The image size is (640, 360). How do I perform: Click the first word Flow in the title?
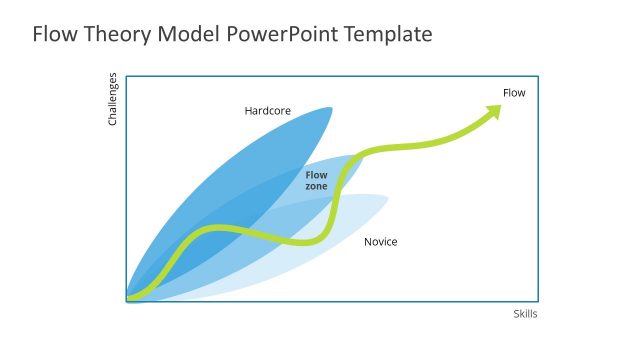coord(52,35)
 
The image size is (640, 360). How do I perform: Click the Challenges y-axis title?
coord(113,99)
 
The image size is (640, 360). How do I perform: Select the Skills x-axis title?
coord(525,314)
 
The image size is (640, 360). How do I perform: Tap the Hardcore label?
coord(267,111)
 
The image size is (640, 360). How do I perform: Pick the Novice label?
coord(380,242)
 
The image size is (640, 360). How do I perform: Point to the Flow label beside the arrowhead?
coord(513,93)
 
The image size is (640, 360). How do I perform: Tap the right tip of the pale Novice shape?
coord(387,197)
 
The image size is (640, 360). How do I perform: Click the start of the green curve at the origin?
coord(130,297)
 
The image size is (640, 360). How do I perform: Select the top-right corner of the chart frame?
coord(539,74)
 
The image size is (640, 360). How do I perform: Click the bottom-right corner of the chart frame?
coord(539,301)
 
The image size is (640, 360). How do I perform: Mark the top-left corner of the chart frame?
coord(127,74)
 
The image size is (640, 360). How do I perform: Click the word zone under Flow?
coord(316,187)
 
